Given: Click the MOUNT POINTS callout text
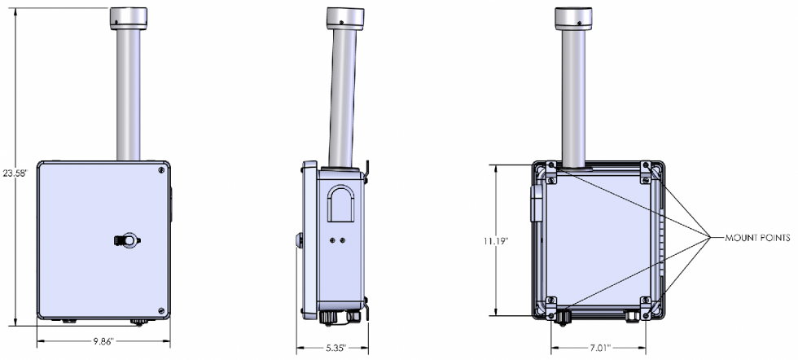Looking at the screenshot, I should click(757, 238).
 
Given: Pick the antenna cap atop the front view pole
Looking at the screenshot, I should click(128, 15).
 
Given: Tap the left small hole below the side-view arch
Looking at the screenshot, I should click(332, 242).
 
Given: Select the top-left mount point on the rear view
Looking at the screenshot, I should click(551, 168).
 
